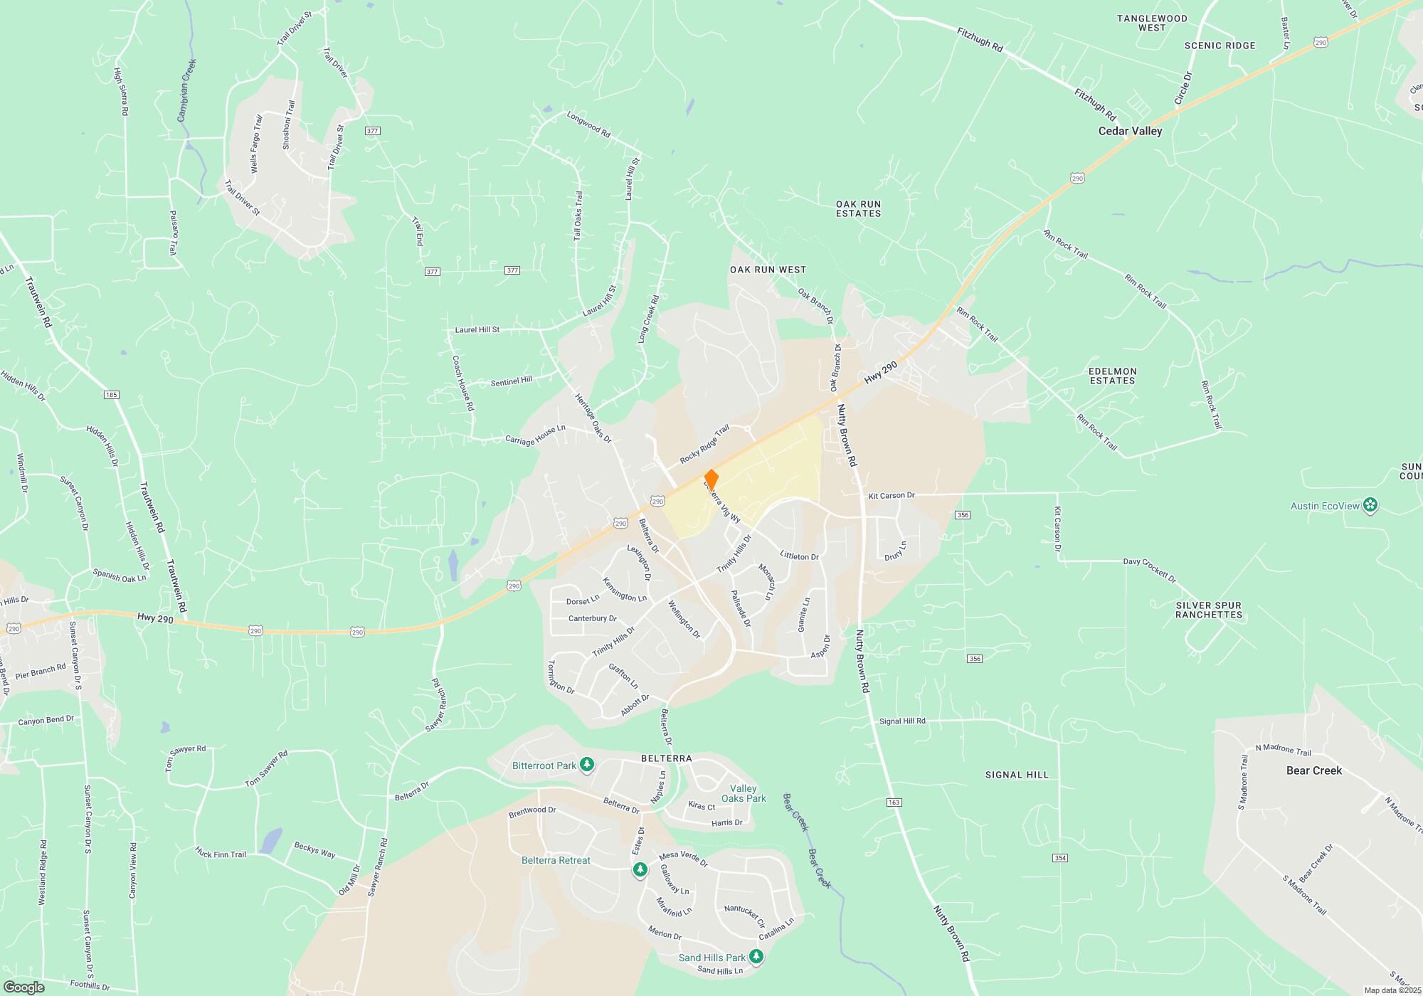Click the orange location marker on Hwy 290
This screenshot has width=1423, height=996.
pyautogui.click(x=711, y=480)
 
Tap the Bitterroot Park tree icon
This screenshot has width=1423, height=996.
pyautogui.click(x=586, y=765)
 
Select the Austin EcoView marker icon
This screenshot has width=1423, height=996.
pyautogui.click(x=1371, y=506)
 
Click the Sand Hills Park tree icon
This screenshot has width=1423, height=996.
pyautogui.click(x=756, y=958)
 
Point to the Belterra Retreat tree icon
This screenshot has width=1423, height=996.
pyautogui.click(x=640, y=869)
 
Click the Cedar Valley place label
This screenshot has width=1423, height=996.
pyautogui.click(x=1130, y=131)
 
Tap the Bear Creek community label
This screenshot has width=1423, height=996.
pyautogui.click(x=1313, y=770)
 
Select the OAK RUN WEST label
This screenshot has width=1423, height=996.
pyautogui.click(x=768, y=270)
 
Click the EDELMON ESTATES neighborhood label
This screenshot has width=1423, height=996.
pyautogui.click(x=1112, y=376)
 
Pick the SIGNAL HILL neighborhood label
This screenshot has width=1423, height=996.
pyautogui.click(x=1017, y=775)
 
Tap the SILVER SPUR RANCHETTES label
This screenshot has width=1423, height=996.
pyautogui.click(x=1208, y=610)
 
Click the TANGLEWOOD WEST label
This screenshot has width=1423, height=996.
pyautogui.click(x=1151, y=23)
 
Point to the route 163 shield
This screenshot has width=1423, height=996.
pyautogui.click(x=894, y=802)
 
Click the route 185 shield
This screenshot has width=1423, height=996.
pyautogui.click(x=111, y=395)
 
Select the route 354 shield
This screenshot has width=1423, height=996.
pyautogui.click(x=1060, y=858)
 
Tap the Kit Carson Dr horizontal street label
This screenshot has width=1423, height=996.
pyautogui.click(x=891, y=495)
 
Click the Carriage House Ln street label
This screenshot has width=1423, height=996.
pyautogui.click(x=535, y=435)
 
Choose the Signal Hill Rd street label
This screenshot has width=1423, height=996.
pyautogui.click(x=902, y=721)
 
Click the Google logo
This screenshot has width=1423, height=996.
pyautogui.click(x=24, y=987)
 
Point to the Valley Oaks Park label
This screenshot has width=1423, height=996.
pyautogui.click(x=744, y=793)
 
